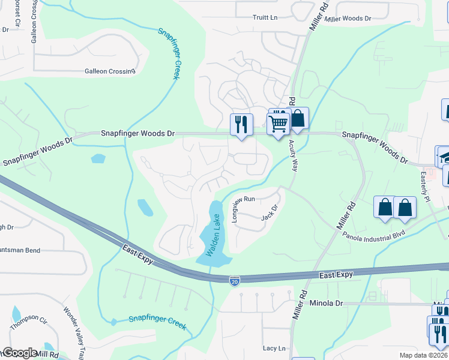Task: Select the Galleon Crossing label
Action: [110, 71]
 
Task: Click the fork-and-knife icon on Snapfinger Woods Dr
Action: [242, 124]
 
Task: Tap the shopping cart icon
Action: [279, 124]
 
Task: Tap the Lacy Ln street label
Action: [274, 348]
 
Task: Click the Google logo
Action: [19, 353]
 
